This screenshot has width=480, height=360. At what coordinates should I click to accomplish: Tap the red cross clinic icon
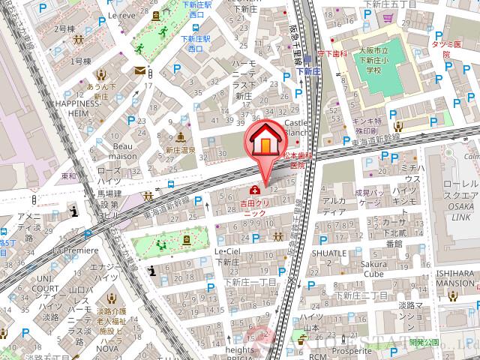tap(255, 189)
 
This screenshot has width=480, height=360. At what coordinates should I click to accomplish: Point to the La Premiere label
tap(75, 250)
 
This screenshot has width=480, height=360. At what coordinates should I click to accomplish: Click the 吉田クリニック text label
tap(253, 208)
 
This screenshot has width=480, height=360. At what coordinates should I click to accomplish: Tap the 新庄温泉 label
tap(179, 150)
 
